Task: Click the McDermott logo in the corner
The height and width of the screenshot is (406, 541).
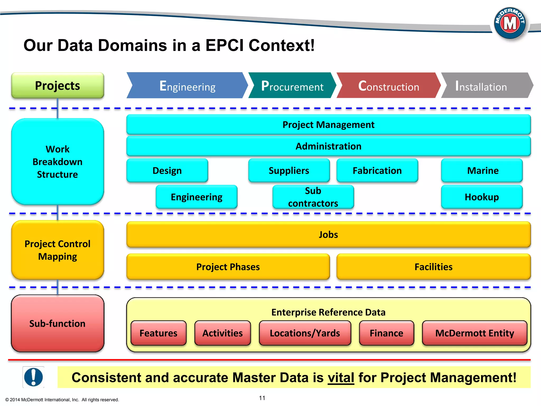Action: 510,23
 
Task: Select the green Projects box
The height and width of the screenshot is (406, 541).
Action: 58,85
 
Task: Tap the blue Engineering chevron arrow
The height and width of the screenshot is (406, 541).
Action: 187,86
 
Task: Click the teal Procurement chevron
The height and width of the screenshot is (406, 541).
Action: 292,86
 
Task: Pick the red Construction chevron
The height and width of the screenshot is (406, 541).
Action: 388,86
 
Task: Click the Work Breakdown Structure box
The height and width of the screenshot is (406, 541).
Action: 58,162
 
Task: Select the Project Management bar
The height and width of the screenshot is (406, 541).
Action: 328,124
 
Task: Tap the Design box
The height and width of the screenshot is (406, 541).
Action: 167,170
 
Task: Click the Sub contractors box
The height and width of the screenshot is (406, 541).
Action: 313,197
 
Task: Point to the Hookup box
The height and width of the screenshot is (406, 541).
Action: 482,197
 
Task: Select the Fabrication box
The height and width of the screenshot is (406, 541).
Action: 377,170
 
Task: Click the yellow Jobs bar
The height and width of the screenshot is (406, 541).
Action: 328,234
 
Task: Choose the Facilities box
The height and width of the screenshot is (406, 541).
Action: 433,267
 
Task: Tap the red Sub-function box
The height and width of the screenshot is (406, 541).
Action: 58,324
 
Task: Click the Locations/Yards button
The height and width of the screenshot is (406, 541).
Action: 305,333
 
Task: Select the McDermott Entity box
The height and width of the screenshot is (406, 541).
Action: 474,333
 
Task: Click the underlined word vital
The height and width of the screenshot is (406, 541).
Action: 341,377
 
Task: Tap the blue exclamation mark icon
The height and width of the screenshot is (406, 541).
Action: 33,377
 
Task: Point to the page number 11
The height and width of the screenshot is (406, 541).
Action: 262,398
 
